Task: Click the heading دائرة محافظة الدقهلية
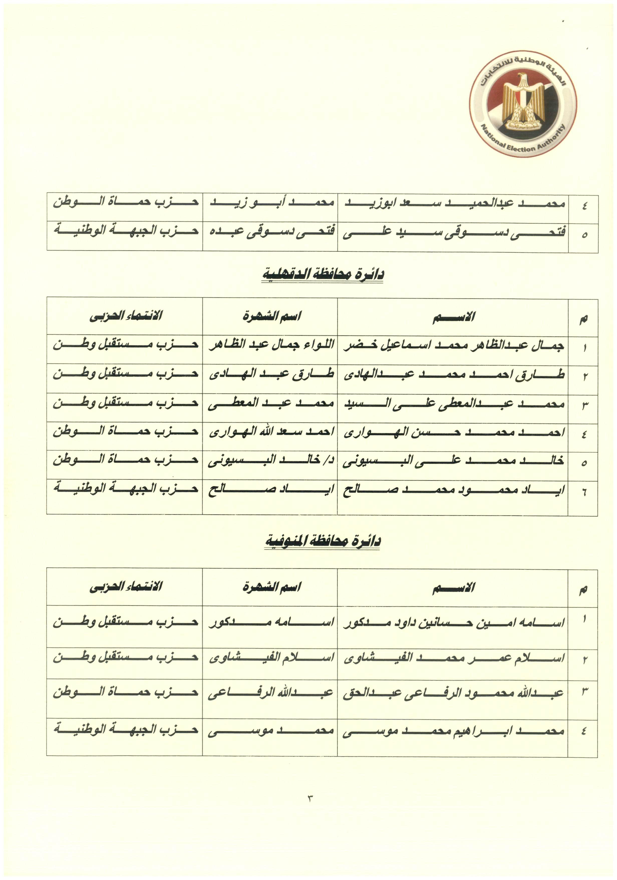[x=323, y=274]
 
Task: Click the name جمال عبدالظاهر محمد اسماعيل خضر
[x=454, y=346]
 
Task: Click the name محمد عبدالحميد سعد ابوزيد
[x=454, y=203]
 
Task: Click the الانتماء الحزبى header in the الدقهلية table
[x=126, y=316]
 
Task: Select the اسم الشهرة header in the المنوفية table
[x=271, y=586]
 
